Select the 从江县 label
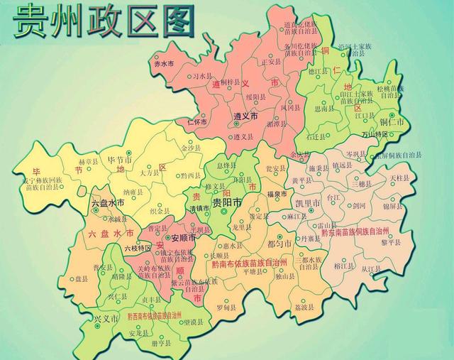tap(371, 269)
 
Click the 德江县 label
tap(317, 71)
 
